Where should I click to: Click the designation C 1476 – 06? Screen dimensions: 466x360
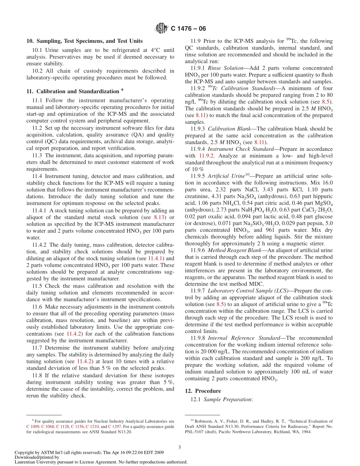189,28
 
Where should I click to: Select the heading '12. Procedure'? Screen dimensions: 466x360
203,391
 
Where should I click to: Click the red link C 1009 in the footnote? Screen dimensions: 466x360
33,426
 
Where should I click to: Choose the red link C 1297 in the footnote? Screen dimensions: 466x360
115,426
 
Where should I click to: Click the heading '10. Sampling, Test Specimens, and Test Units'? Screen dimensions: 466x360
85,41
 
